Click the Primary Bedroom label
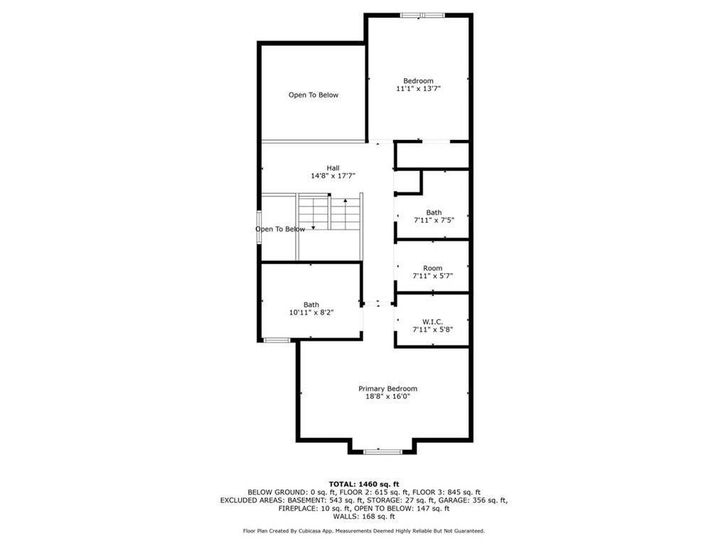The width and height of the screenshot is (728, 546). pyautogui.click(x=387, y=389)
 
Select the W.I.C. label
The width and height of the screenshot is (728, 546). pyautogui.click(x=433, y=322)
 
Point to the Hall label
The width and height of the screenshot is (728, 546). pyautogui.click(x=333, y=168)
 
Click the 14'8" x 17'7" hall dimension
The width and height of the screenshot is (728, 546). pyautogui.click(x=333, y=176)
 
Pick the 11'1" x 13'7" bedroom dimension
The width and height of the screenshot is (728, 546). pyautogui.click(x=418, y=88)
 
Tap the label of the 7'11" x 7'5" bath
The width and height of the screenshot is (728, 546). pyautogui.click(x=434, y=213)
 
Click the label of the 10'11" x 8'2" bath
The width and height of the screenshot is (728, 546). pyautogui.click(x=311, y=304)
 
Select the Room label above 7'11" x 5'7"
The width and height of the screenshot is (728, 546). pyautogui.click(x=433, y=268)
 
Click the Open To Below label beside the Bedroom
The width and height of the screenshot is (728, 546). pyautogui.click(x=314, y=95)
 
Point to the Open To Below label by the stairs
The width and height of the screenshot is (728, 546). pyautogui.click(x=280, y=230)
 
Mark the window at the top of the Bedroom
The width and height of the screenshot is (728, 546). pyautogui.click(x=422, y=16)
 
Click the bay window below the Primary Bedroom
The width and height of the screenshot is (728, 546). pyautogui.click(x=382, y=451)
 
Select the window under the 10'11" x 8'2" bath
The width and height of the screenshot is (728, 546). pyautogui.click(x=277, y=341)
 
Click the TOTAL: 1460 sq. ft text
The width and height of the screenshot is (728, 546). pyautogui.click(x=364, y=484)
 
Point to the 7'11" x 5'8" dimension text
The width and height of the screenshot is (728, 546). pyautogui.click(x=433, y=330)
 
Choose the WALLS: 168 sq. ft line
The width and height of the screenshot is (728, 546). pyautogui.click(x=364, y=516)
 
